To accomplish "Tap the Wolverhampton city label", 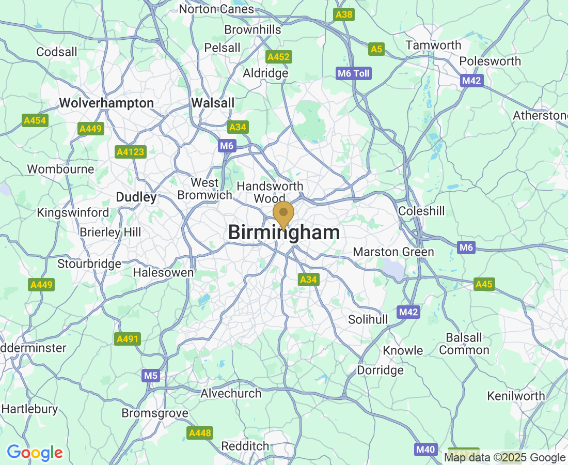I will tap(106, 103).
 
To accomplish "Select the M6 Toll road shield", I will tap(354, 73).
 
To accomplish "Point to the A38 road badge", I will tap(344, 14).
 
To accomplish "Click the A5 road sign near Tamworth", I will tap(376, 49).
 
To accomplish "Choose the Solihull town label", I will tap(368, 319).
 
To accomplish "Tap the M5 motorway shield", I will tap(150, 376).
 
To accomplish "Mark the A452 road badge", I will tap(278, 57).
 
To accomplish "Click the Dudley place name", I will tap(136, 197).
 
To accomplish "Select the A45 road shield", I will tap(484, 284).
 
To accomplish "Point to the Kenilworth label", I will tap(516, 396).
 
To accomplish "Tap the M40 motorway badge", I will tap(425, 450).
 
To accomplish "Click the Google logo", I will tap(35, 453).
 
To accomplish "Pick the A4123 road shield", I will tap(131, 152).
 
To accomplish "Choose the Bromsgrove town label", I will tap(155, 413).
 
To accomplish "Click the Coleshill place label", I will tap(421, 211).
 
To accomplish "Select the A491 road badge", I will tap(127, 339).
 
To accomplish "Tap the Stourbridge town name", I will tap(89, 263).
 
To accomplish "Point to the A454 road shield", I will tap(35, 121).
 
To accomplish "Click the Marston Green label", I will tap(393, 252).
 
